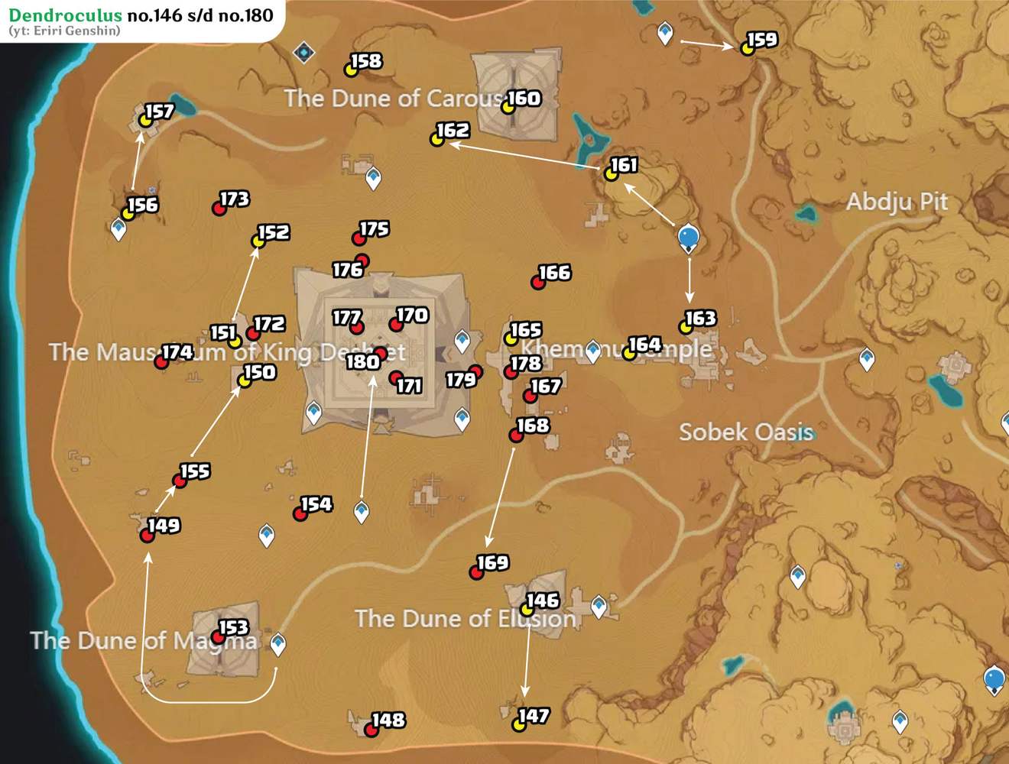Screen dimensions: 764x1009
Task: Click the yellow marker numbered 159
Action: click(x=747, y=48)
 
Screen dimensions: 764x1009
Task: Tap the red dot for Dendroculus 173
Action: click(x=219, y=209)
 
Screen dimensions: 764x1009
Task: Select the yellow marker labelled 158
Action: click(x=350, y=70)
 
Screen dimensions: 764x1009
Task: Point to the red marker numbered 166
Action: click(x=538, y=283)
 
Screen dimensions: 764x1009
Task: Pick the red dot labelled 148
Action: click(x=371, y=730)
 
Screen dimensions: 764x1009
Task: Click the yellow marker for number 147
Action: click(x=518, y=725)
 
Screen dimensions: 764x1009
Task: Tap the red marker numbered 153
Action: click(x=218, y=637)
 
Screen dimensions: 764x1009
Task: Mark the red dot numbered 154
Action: click(x=300, y=514)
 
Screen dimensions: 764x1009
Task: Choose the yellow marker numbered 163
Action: click(x=686, y=328)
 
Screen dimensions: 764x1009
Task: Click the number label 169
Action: click(x=493, y=563)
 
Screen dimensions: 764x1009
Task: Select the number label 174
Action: click(x=177, y=352)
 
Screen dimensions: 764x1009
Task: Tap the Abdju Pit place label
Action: click(x=896, y=202)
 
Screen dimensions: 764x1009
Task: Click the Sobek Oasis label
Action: click(x=745, y=432)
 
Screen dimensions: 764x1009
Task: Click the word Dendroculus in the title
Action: click(x=65, y=15)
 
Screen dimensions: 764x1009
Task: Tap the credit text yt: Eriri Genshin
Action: click(x=64, y=31)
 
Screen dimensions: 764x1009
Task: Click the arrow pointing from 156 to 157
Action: click(x=137, y=161)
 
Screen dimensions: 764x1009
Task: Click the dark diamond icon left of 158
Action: click(x=304, y=52)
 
